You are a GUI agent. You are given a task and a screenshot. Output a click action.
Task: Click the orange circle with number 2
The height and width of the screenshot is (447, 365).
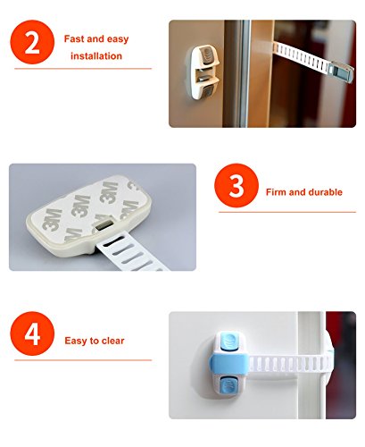click(x=32, y=42)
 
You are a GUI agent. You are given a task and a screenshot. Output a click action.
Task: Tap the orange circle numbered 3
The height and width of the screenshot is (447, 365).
click(x=236, y=185)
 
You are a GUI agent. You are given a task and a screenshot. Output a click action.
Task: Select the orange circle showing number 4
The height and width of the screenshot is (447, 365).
click(x=32, y=333)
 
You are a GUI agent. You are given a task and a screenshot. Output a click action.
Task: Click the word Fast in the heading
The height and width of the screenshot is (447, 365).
click(x=74, y=38)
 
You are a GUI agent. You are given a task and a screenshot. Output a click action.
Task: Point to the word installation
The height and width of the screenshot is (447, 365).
click(x=96, y=56)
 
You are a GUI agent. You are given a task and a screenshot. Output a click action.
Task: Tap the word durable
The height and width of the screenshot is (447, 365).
click(x=326, y=192)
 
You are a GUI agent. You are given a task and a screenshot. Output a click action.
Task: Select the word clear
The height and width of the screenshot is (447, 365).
click(x=113, y=341)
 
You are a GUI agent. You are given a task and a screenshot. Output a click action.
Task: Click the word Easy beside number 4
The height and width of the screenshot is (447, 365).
click(x=74, y=341)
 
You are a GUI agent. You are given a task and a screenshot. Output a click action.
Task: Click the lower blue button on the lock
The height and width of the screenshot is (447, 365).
click(x=228, y=384)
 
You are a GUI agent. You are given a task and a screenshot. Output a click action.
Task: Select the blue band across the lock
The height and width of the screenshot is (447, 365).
click(x=228, y=363)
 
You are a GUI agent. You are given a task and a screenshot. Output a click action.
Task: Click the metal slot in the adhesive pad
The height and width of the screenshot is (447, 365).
click(x=104, y=224)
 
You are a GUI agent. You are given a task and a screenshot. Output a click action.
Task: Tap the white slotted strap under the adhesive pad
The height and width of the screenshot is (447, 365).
click(x=131, y=252)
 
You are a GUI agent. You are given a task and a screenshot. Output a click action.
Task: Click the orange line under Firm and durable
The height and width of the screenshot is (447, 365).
click(x=287, y=212)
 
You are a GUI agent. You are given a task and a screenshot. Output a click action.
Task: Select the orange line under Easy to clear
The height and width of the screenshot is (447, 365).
click(x=83, y=360)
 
